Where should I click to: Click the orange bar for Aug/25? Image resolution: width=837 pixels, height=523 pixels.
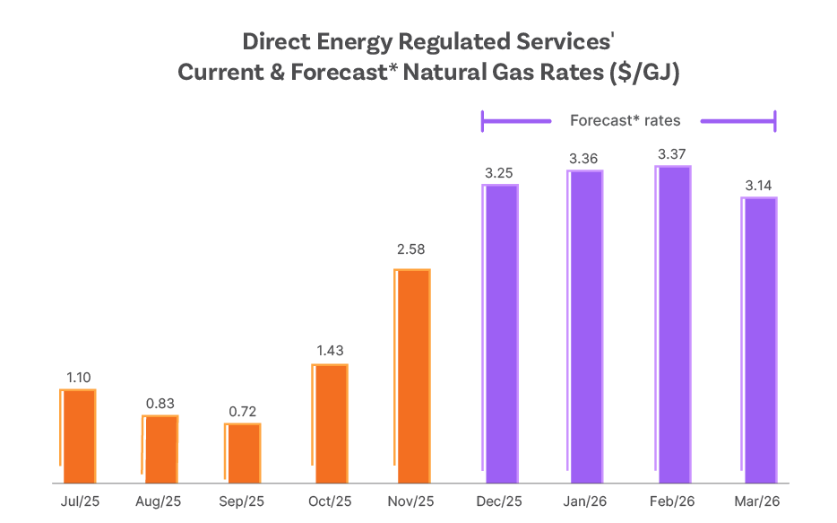point(161,449)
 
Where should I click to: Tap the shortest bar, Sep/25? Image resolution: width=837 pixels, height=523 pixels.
point(243,454)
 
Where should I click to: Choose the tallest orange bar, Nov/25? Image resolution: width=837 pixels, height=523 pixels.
point(412,377)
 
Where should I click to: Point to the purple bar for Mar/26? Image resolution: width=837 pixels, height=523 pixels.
point(759,341)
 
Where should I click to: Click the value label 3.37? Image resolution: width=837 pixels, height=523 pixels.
point(672,154)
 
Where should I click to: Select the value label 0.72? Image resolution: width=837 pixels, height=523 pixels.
point(242,412)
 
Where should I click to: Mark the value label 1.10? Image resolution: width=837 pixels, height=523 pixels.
point(78,378)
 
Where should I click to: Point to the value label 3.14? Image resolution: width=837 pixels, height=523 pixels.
point(759,186)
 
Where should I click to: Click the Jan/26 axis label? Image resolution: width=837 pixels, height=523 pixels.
point(585,501)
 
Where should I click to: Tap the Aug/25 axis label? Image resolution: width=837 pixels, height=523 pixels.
point(160,501)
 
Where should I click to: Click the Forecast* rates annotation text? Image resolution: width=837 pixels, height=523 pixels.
point(625,120)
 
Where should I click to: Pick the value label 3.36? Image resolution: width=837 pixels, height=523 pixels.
point(585,159)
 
